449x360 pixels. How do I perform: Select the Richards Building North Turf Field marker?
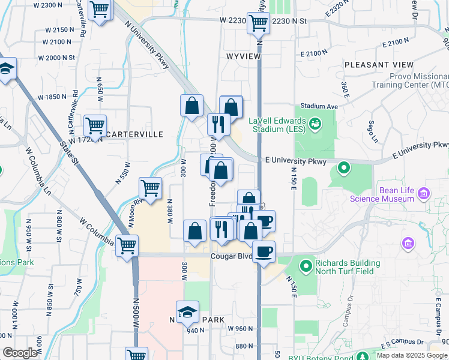pos(306,265)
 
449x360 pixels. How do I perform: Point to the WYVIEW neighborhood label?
pos(243,56)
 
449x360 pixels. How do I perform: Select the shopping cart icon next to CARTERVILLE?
pos(95,126)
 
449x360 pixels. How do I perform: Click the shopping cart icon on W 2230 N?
pos(258,23)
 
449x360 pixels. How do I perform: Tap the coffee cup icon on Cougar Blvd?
pos(264,251)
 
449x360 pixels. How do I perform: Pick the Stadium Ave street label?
pos(316,106)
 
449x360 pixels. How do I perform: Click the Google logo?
pos(20,353)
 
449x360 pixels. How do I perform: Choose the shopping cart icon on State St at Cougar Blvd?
pos(127,245)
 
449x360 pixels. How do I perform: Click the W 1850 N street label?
pos(52,97)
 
